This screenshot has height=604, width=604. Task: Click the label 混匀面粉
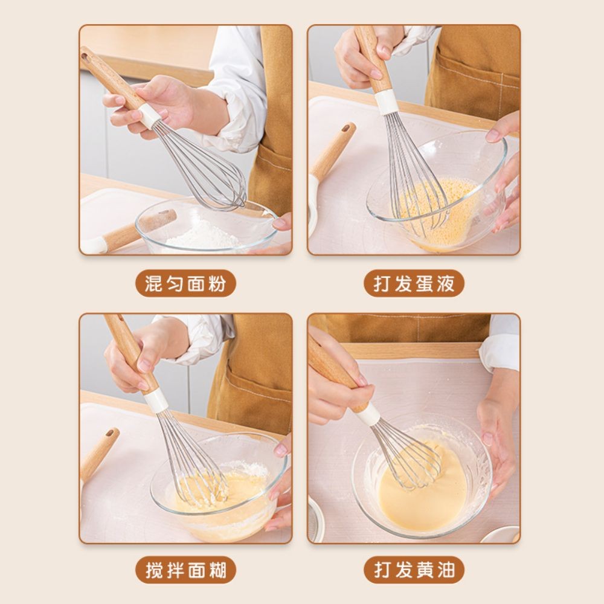185,283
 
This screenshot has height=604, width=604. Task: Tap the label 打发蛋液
414,283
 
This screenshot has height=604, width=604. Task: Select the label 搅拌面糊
185,570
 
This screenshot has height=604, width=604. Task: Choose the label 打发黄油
414,570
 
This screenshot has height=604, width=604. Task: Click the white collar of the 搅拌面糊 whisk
156,400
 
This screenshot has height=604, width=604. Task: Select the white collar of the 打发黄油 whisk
367,414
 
